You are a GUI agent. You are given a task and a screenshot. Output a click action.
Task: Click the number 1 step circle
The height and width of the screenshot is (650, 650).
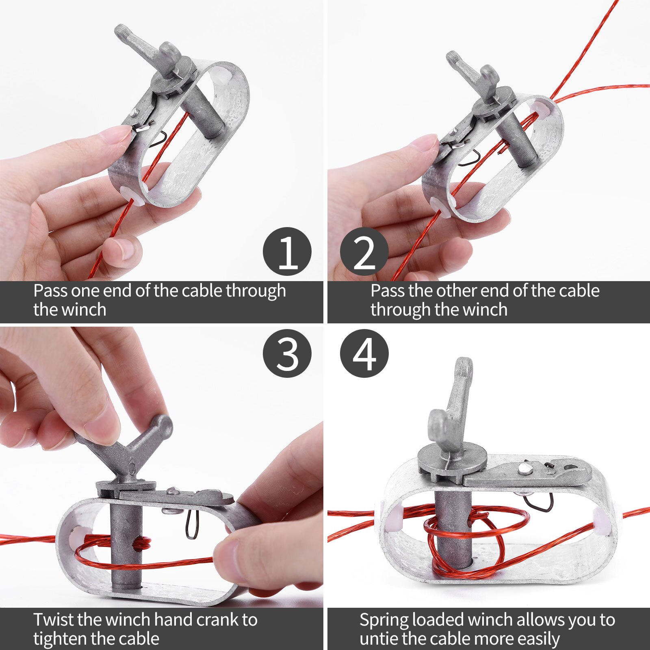[x=287, y=251]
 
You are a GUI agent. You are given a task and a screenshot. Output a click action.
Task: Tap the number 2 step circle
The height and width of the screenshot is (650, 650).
[x=364, y=251]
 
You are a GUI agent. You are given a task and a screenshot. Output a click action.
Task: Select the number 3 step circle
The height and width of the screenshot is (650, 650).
[x=287, y=353]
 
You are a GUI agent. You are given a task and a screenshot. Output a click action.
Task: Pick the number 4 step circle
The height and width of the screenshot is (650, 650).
[x=364, y=353]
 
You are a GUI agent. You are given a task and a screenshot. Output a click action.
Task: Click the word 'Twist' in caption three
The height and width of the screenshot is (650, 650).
[x=54, y=620]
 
